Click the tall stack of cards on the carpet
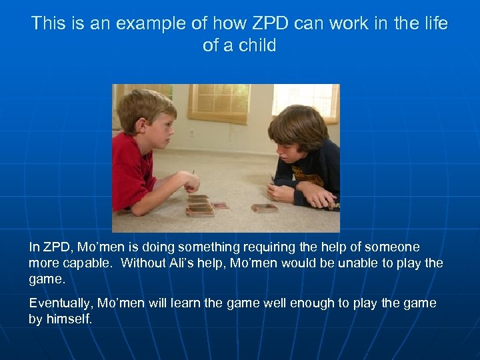tap(199, 206)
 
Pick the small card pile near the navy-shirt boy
tap(263, 208)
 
